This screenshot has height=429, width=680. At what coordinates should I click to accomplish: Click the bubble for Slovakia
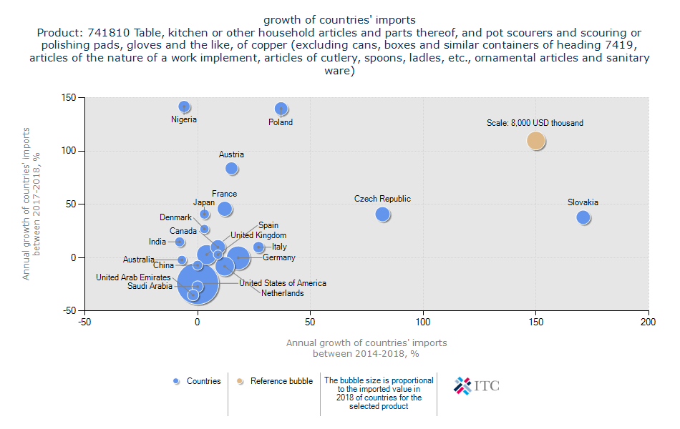583,217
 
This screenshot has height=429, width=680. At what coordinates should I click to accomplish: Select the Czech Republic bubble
382,214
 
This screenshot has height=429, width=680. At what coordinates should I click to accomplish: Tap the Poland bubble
281,109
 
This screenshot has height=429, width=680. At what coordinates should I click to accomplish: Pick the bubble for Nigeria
184,106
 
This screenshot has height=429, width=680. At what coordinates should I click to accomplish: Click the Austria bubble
231,169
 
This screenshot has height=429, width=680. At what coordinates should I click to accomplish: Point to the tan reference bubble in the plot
536,141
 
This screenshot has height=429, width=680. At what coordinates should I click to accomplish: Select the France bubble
225,209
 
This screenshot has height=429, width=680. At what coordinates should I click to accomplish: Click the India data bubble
180,242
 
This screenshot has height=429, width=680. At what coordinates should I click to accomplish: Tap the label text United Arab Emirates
133,277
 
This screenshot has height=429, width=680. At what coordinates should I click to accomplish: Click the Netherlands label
282,293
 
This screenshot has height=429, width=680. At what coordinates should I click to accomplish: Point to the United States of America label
283,283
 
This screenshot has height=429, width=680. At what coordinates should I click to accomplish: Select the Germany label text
279,257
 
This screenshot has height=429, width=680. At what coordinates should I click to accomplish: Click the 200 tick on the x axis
649,321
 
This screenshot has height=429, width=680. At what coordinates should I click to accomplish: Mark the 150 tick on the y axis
70,97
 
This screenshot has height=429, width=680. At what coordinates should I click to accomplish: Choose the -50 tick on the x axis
84,321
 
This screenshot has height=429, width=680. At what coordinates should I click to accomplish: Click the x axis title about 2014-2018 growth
366,348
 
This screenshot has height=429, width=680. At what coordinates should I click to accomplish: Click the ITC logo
477,386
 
